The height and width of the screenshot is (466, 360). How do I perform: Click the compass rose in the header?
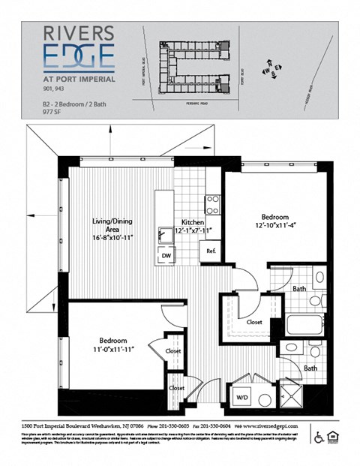271,68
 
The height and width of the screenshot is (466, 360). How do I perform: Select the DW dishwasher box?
165,256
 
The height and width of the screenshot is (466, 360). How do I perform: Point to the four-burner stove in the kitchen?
212,204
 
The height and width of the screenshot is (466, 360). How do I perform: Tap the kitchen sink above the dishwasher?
163,235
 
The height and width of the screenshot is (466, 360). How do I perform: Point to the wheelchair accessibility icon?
317,437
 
